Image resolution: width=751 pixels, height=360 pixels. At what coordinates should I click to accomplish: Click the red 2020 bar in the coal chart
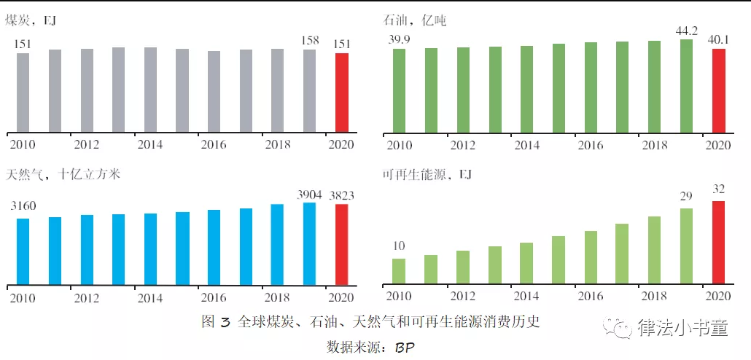tap(341, 93)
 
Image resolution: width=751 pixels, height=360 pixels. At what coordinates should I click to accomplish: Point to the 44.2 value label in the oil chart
tap(686, 29)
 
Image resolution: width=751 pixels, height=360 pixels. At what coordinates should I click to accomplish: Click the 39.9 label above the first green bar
tap(400, 39)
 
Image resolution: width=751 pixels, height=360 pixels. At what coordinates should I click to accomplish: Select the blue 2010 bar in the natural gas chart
tap(23, 250)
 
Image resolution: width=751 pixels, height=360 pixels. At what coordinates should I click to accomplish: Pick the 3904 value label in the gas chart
tap(309, 195)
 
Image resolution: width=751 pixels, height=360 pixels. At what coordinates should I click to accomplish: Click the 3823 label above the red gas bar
tap(342, 196)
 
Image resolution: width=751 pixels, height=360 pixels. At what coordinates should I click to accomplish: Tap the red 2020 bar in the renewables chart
tap(718, 241)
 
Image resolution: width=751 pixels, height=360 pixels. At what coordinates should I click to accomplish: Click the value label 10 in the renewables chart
tap(399, 246)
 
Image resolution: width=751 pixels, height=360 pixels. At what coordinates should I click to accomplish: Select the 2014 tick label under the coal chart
tap(150, 144)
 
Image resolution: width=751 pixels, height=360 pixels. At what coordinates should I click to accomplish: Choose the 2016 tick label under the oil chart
tap(591, 145)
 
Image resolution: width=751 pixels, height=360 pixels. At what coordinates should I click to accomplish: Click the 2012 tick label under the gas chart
tap(86, 297)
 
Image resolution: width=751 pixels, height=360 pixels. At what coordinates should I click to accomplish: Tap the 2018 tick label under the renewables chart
tap(654, 295)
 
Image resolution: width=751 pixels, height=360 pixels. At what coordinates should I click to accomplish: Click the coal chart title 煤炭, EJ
tap(31, 21)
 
